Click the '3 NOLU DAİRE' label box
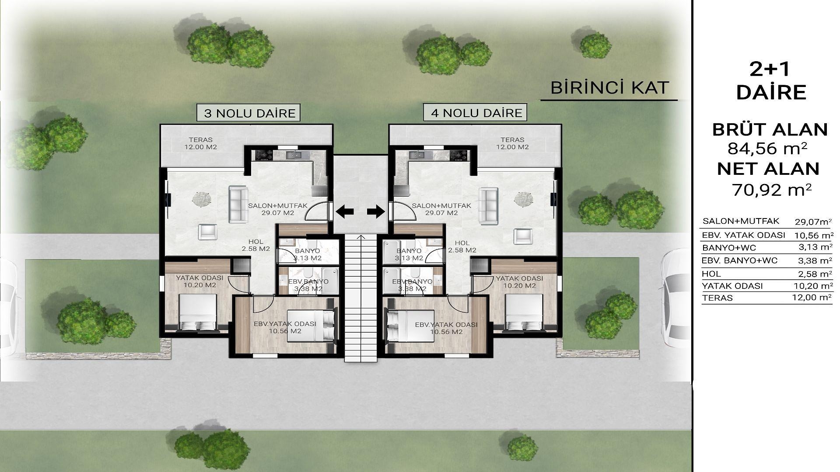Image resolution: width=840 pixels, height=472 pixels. (248, 113)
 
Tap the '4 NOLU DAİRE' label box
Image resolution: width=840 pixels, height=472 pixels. (476, 113)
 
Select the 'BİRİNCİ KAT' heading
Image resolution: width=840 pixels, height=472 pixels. (609, 88)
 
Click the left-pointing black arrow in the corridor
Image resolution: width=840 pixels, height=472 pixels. (345, 212)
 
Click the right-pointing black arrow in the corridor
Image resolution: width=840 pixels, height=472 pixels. (376, 212)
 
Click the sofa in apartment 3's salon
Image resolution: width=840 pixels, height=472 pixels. (238, 205)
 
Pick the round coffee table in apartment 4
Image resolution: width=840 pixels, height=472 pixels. (524, 199)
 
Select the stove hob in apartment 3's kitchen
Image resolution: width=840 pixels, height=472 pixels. (264, 155)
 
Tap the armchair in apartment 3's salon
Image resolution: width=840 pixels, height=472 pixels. (207, 232)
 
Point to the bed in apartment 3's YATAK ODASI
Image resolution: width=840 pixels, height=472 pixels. (198, 312)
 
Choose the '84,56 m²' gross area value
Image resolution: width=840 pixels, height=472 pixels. (767, 149)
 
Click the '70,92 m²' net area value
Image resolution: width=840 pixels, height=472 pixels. (772, 190)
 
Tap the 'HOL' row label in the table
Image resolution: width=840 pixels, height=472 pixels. (711, 274)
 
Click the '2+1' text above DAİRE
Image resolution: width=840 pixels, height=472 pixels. (771, 70)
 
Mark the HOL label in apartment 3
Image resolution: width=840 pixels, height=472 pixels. (255, 242)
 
